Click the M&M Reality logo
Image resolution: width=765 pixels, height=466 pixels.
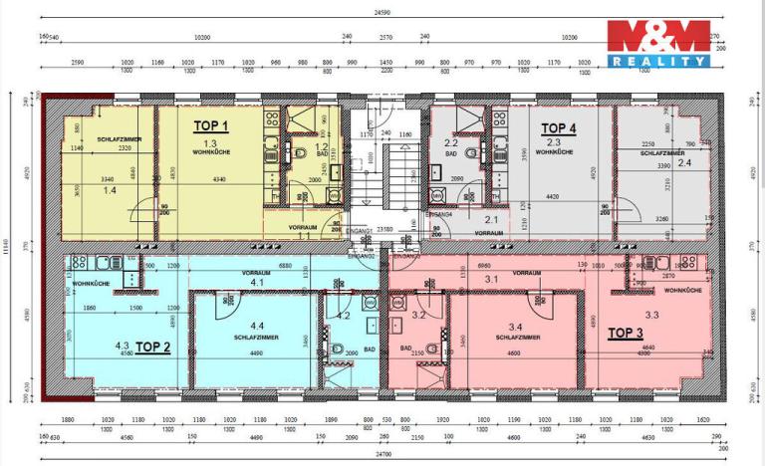pos(658,43)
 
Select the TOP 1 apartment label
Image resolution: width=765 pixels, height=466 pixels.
pos(210,126)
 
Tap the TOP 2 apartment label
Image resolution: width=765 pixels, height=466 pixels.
pos(152,348)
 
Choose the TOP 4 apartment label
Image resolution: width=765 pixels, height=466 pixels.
pos(558,128)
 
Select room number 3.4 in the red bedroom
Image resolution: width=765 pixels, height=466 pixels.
pos(515,326)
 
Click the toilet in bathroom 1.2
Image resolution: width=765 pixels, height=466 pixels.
pos(299,157)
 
